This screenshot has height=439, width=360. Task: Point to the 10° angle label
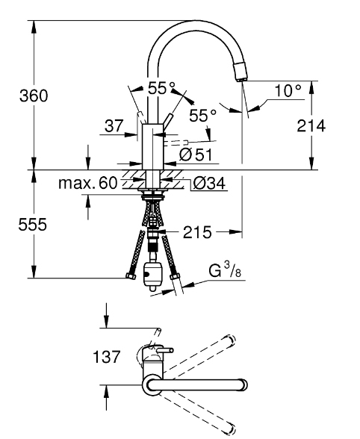tap(287, 91)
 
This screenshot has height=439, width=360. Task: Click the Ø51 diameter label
tap(196, 154)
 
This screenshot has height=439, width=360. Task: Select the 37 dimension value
tap(114, 127)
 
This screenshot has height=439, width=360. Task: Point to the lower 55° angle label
tap(202, 115)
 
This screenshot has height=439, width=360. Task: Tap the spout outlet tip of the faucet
tap(240, 73)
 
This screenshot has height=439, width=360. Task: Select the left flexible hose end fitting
tap(131, 278)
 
